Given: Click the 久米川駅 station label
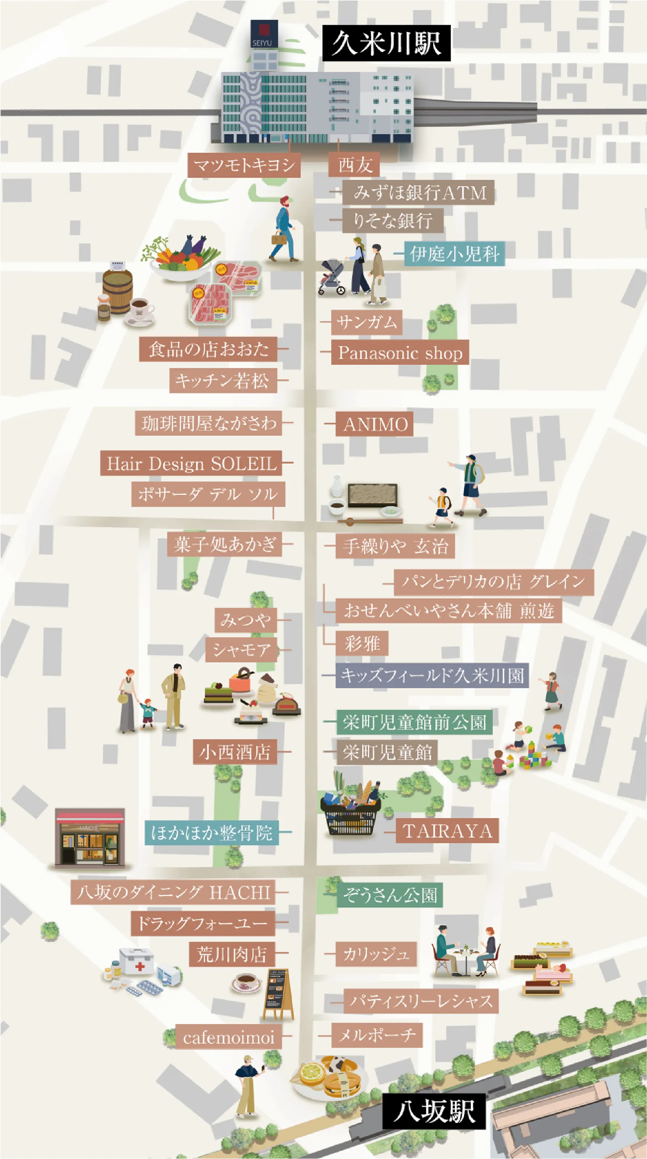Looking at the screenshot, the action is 386,43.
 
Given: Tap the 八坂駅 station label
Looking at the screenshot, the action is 434,1111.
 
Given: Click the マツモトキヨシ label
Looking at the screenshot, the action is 244,165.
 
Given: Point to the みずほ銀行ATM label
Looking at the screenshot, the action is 418,193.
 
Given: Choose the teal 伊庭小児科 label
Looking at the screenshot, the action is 454,254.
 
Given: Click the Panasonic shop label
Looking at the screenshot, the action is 400,353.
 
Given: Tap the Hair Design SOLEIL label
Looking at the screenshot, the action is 191,463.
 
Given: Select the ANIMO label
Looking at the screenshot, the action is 374,424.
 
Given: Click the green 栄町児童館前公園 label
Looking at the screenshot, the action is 414,722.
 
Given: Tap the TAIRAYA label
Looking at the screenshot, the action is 447,831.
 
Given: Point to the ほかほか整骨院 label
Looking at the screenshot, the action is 211,833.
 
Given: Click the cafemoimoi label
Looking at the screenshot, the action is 228,1038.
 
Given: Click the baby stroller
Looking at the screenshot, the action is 332,277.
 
